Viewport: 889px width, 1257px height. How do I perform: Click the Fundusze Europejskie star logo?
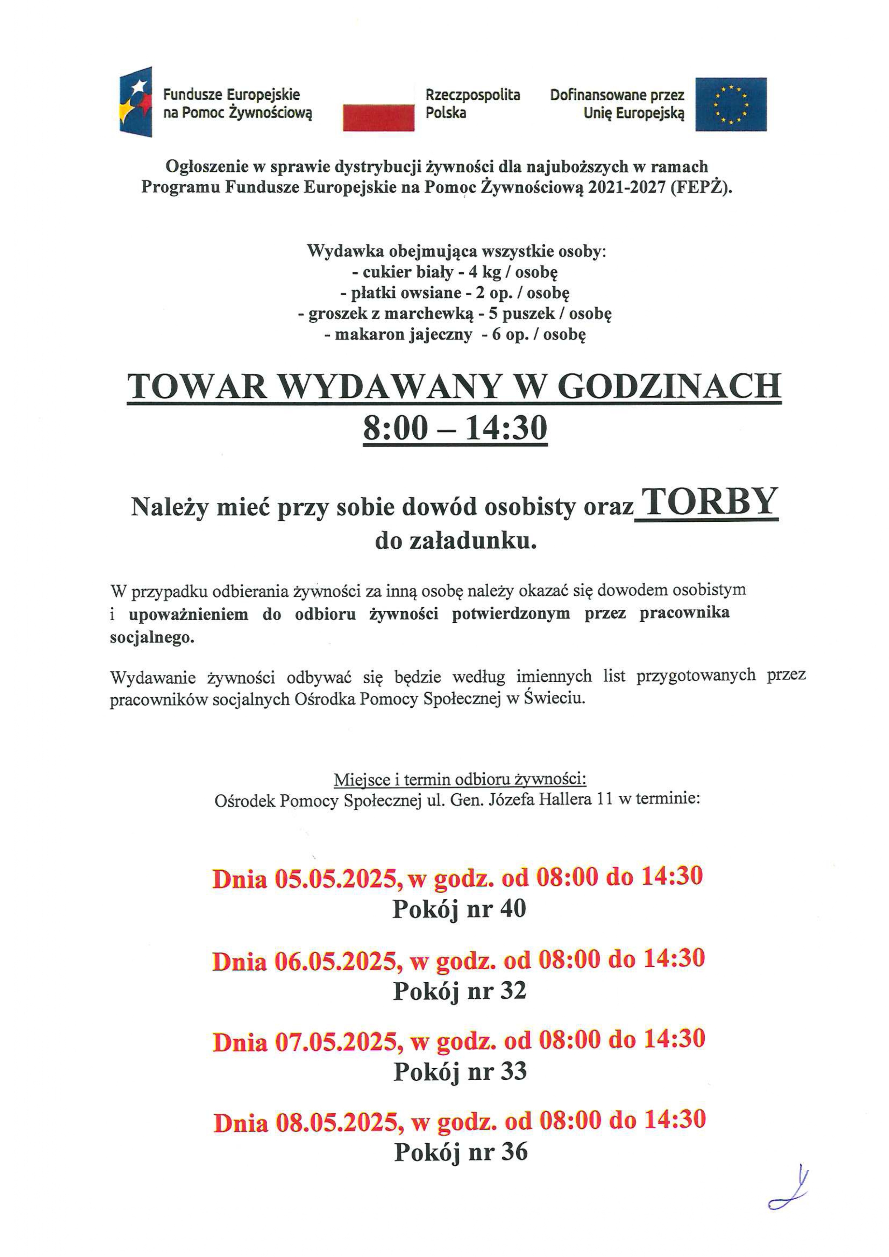136,102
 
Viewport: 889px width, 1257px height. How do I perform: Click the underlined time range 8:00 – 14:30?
455,428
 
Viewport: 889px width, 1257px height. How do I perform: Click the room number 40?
513,909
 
